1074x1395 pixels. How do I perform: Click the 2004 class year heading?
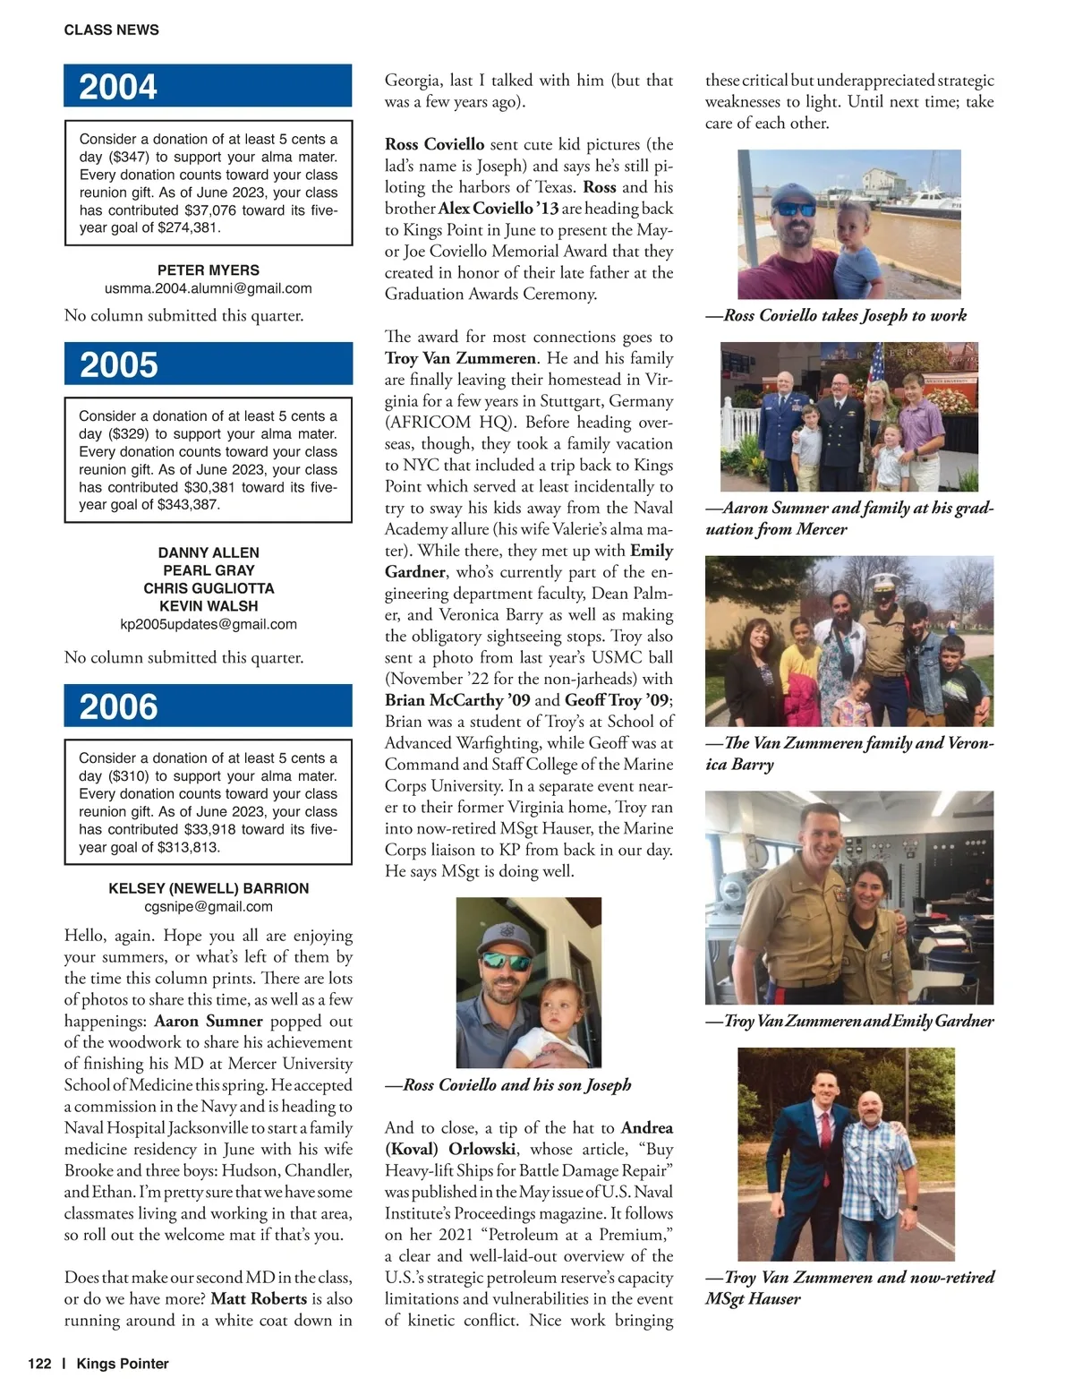117,87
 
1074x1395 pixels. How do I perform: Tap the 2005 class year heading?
118,364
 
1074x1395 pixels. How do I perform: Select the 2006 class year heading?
118,706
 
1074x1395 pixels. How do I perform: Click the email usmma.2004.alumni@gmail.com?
208,288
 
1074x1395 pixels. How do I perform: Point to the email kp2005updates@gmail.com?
208,624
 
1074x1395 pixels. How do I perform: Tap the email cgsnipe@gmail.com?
208,906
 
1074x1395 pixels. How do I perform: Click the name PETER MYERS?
208,270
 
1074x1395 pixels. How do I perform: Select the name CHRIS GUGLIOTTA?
208,588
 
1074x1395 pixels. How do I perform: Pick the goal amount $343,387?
188,505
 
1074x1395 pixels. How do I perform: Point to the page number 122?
39,1364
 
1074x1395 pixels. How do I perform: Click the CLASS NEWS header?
111,30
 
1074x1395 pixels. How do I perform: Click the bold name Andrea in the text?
646,1127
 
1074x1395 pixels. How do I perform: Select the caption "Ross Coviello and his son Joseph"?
508,1085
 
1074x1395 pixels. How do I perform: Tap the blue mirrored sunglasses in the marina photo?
795,209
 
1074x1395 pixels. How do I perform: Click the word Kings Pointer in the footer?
123,1364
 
